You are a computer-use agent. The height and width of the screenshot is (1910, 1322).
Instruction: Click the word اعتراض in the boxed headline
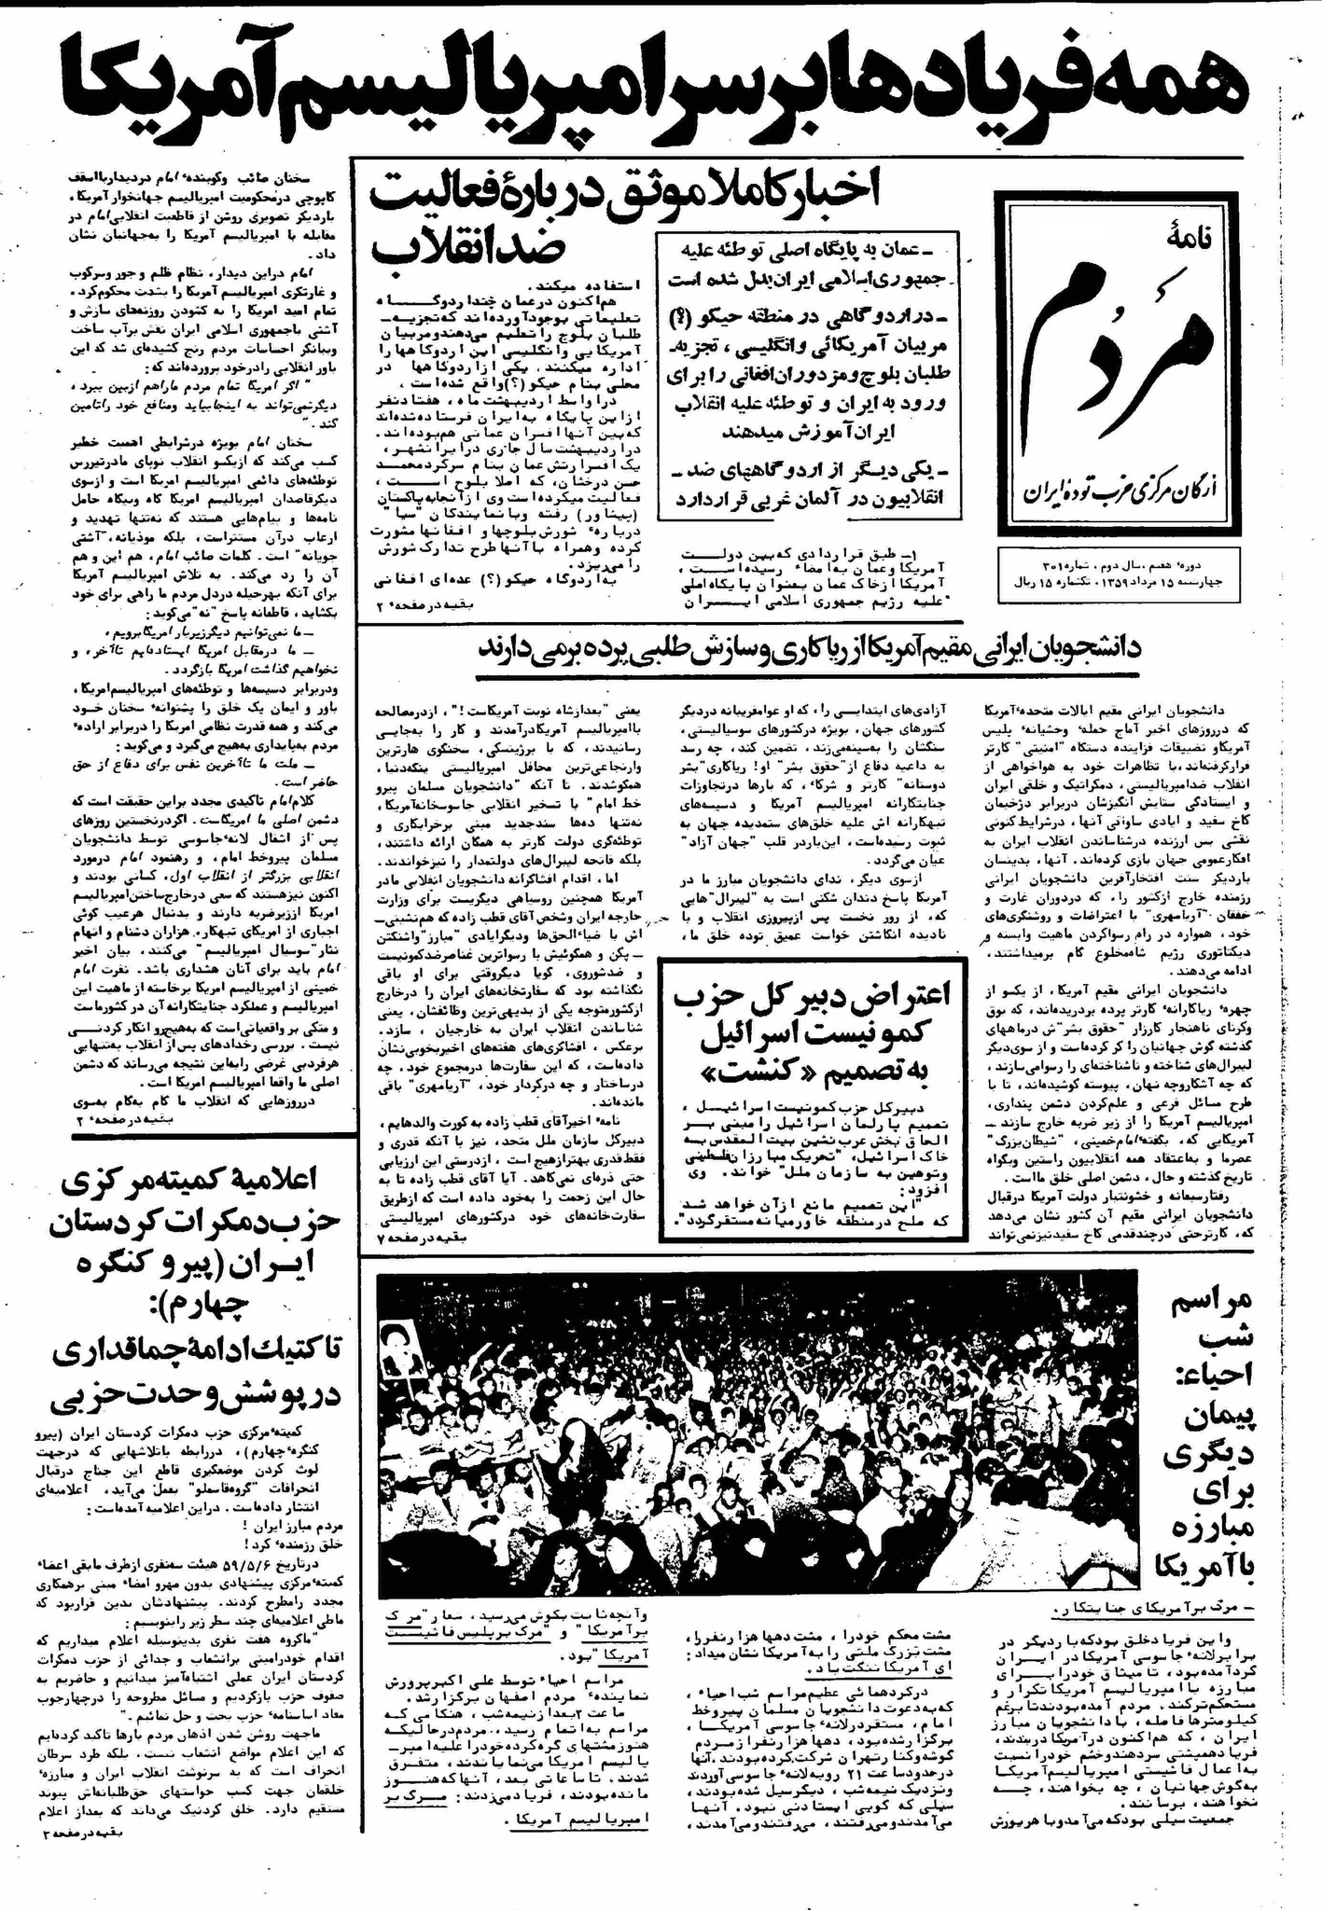[x=900, y=996]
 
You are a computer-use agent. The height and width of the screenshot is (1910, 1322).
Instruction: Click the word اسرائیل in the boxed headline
[x=817, y=1035]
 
